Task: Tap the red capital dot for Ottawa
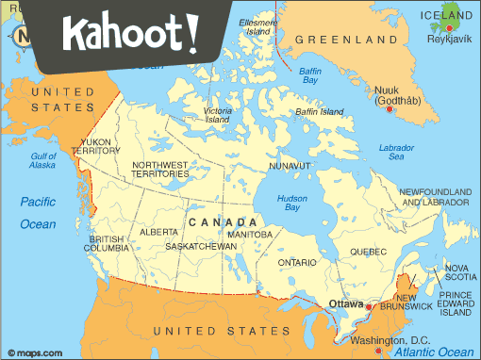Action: (369, 306)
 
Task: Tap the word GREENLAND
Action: (345, 41)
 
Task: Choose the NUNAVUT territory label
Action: (288, 166)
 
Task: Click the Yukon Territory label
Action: (95, 146)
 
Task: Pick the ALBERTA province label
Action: (158, 231)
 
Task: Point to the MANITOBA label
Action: (250, 234)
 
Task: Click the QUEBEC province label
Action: (368, 252)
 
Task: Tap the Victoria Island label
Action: (217, 116)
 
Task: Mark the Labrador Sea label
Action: (396, 153)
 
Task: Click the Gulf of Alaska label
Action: (43, 160)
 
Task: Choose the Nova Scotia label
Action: (461, 272)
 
